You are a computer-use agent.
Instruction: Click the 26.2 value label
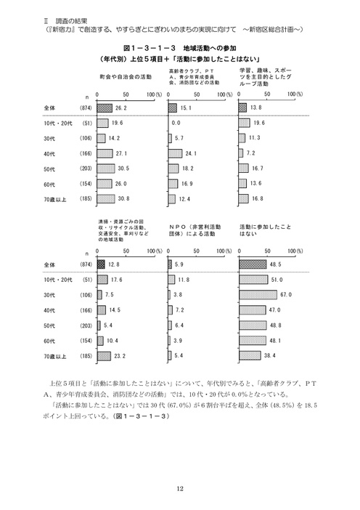(121, 107)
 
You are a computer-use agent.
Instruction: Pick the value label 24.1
(192, 153)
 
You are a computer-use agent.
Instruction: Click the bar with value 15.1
(173, 107)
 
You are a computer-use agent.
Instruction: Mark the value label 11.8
(184, 279)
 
